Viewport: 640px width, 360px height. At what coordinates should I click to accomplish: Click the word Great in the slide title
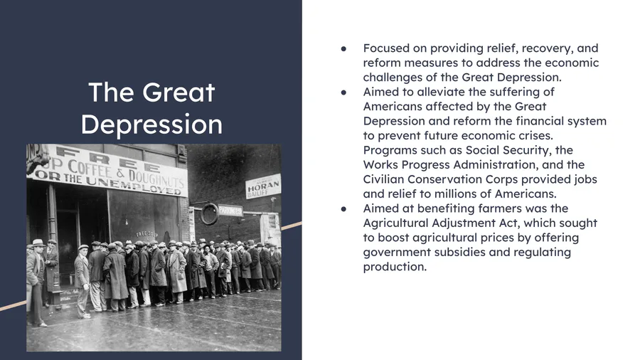[x=178, y=92]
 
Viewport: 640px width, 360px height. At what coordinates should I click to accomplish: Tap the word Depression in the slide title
[x=151, y=125]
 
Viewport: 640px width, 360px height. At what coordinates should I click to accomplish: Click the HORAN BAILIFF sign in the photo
[x=263, y=186]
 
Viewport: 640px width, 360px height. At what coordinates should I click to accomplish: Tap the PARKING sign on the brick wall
[x=230, y=210]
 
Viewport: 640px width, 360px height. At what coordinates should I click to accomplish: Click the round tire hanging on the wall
[x=210, y=214]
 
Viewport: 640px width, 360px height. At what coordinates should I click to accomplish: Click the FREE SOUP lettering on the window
[x=147, y=234]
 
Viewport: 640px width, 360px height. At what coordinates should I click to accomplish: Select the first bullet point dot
[x=343, y=49]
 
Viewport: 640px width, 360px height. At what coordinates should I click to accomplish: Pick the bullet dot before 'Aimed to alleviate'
[x=343, y=92]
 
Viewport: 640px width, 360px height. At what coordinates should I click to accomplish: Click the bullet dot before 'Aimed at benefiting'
[x=343, y=209]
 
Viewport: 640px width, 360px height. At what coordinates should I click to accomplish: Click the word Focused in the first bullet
[x=386, y=48]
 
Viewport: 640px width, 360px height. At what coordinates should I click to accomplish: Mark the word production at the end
[x=395, y=267]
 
